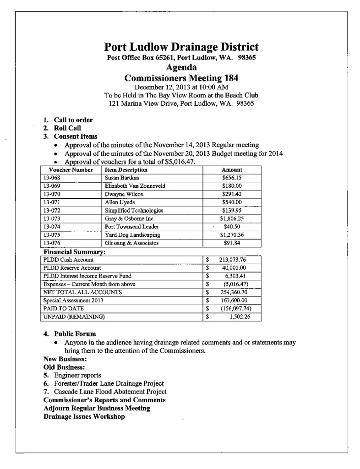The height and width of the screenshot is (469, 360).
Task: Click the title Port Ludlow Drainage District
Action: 181,47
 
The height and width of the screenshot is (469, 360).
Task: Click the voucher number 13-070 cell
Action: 51,194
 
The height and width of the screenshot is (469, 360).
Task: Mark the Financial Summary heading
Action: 75,252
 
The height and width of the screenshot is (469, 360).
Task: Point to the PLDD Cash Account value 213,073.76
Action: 233,260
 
